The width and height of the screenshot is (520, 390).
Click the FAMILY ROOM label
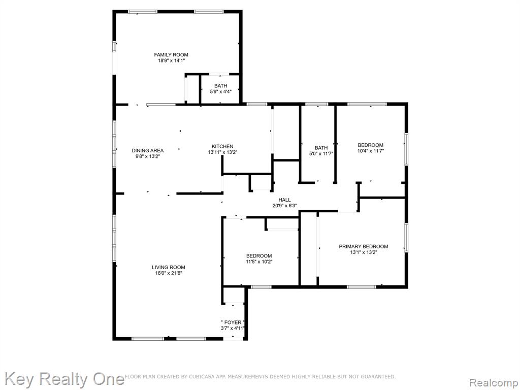(x=171, y=55)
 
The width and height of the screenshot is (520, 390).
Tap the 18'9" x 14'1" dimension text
(x=171, y=61)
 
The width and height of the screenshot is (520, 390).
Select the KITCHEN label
(x=222, y=146)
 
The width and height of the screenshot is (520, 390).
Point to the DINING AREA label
(x=148, y=150)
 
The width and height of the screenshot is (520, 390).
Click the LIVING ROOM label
(x=169, y=267)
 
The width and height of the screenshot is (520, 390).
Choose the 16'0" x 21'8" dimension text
(x=169, y=273)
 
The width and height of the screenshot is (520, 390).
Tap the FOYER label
(x=233, y=322)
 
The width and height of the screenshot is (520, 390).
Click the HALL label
(x=284, y=200)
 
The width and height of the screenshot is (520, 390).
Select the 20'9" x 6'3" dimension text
(x=284, y=206)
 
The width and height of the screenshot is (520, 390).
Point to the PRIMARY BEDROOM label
(x=364, y=246)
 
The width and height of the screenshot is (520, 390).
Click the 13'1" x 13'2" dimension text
(x=364, y=252)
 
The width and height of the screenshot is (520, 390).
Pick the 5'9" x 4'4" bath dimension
(x=220, y=92)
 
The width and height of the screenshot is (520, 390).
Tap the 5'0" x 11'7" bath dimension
(x=321, y=153)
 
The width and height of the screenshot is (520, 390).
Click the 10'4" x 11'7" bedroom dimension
(x=370, y=151)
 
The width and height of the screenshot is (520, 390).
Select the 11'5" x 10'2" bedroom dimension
(x=259, y=262)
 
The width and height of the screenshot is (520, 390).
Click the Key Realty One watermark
(x=64, y=379)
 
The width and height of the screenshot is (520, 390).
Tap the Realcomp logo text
(x=494, y=383)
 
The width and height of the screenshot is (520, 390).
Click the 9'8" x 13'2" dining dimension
(x=148, y=156)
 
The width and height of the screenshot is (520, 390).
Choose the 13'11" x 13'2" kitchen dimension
(x=222, y=152)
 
